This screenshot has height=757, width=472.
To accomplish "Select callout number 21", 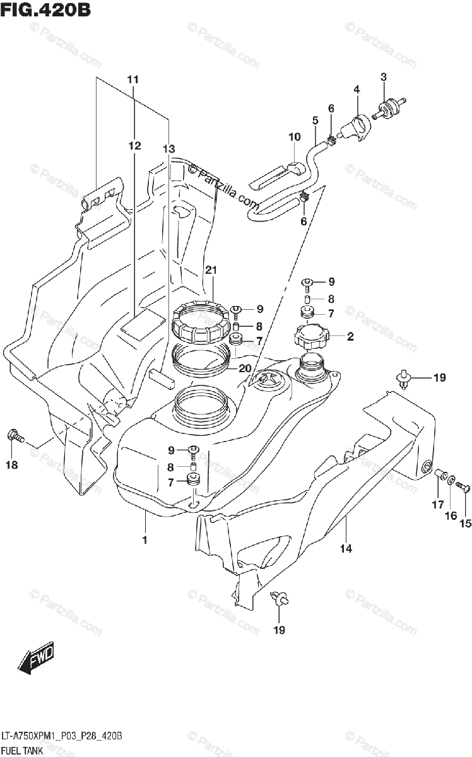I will [x=211, y=271].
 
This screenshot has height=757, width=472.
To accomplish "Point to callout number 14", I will [x=346, y=548].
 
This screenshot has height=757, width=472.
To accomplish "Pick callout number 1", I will [x=145, y=540].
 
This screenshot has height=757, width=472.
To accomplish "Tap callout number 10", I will [x=295, y=137].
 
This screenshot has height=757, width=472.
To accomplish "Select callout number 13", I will [x=167, y=149].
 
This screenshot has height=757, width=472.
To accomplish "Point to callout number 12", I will [x=134, y=146].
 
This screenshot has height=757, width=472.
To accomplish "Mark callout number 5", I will [x=314, y=119].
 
